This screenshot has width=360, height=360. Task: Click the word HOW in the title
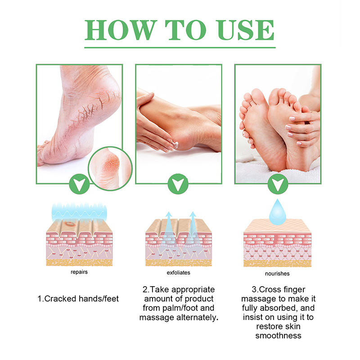(x=121, y=30)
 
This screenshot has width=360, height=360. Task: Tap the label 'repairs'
(x=79, y=272)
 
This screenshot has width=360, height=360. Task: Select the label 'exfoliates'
(x=178, y=273)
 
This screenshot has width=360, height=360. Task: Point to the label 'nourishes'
(x=277, y=274)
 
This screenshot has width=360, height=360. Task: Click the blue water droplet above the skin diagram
(x=278, y=212)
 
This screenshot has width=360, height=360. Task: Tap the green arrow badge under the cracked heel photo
(x=80, y=184)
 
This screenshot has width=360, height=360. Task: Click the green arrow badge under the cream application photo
(x=178, y=184)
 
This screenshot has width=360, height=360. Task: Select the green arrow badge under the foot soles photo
(x=278, y=184)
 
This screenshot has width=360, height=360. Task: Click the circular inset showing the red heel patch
(x=110, y=168)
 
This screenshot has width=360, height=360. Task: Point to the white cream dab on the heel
(x=175, y=145)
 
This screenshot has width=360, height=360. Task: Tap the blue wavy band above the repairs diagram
(x=79, y=212)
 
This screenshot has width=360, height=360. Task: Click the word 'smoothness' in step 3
(x=278, y=336)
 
